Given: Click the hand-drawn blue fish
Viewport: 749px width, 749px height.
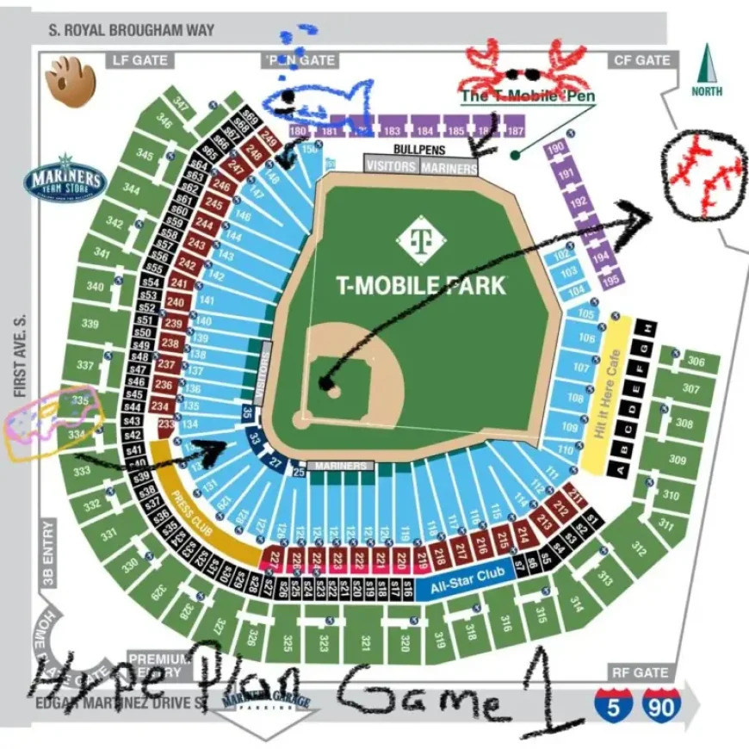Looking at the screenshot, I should click(314, 102).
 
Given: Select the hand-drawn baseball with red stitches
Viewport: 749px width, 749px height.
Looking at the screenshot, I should click(703, 173).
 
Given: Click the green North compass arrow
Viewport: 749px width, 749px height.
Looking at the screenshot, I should click(707, 69).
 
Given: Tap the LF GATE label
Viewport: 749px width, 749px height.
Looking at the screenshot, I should click(139, 60).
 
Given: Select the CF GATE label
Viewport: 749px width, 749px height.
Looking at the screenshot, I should click(641, 60).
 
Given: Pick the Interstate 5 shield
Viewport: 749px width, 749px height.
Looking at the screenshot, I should click(613, 705).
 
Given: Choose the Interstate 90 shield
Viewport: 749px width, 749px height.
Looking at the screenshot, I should click(660, 705).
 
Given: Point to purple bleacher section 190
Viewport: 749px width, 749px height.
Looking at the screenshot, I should click(556, 148).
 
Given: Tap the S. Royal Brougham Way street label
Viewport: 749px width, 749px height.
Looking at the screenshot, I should click(131, 30).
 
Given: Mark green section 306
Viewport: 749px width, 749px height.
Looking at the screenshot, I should click(696, 362).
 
